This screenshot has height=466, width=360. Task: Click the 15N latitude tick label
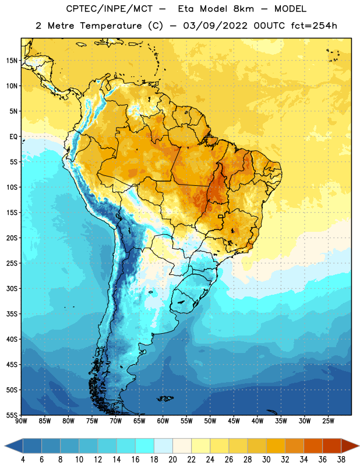[12, 61]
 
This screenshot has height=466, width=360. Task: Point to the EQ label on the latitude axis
[13, 137]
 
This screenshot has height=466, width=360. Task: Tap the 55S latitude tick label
[12, 415]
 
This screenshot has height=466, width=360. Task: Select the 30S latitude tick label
[12, 288]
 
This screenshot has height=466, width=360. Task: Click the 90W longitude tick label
[21, 421]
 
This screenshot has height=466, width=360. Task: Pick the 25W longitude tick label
[328, 421]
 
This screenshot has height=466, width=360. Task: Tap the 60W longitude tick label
[163, 421]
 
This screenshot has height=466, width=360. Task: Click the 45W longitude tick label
[234, 421]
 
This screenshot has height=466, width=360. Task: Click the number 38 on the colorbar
[341, 460]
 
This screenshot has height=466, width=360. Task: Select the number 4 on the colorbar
[23, 460]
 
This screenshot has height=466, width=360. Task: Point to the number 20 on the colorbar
[172, 460]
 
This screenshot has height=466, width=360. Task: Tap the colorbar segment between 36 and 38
[332, 446]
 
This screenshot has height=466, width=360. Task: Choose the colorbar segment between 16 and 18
[145, 446]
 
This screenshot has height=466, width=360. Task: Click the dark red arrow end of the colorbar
[350, 446]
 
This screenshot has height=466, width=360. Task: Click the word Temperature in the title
[111, 26]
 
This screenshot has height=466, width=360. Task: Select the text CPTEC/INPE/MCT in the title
[109, 9]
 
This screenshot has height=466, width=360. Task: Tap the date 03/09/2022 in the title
[215, 26]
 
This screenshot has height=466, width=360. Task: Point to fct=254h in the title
[314, 26]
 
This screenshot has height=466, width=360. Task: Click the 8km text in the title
[243, 9]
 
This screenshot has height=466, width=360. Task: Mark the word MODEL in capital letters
[290, 9]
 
